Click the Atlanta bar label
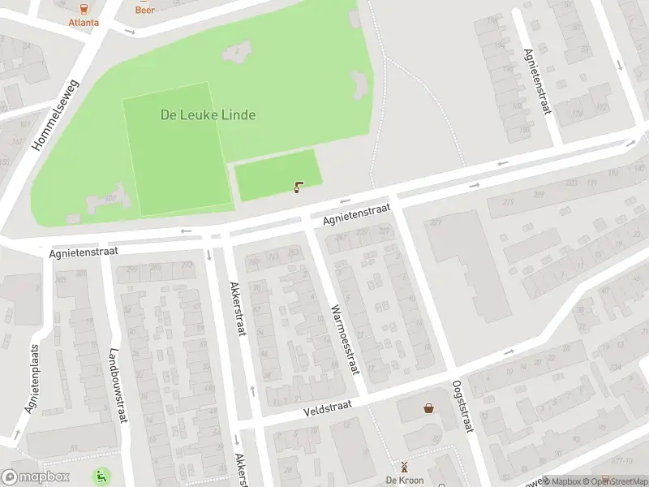pos(84,22)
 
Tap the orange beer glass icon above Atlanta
pos(84,8)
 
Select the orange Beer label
pos(145,11)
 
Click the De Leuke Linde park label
pos(208,115)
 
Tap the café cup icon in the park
pos(299,187)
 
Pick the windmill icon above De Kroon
pos(403,467)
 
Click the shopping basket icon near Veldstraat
pos(428,408)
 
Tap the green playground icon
pos(102,476)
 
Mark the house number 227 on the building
pos(436,223)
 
